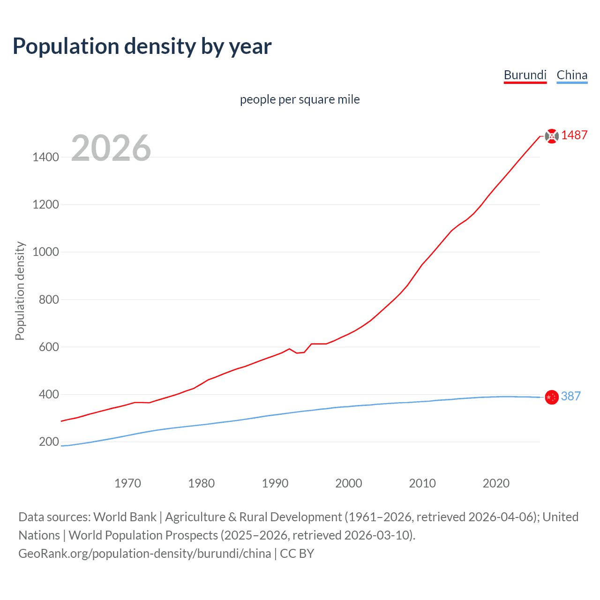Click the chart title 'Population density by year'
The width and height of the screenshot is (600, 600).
[142, 46]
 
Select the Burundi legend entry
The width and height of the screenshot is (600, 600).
[525, 75]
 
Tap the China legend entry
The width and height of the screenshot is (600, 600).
[572, 75]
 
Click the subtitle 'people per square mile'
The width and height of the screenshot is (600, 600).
[300, 99]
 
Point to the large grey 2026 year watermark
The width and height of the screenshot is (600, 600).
[111, 148]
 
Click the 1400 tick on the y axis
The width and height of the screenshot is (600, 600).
[46, 157]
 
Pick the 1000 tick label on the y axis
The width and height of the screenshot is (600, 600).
[46, 252]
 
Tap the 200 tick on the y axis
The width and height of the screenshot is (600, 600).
[49, 442]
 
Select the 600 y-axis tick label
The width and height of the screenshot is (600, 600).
[49, 347]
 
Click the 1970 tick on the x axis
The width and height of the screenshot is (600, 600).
[127, 483]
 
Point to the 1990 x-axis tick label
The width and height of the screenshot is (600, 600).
[275, 483]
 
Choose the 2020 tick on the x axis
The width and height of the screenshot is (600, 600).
[496, 483]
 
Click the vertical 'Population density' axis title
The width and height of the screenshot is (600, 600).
[20, 291]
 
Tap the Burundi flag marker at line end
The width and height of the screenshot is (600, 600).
[552, 136]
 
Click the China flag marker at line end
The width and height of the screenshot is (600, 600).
[552, 397]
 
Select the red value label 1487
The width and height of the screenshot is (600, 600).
[574, 135]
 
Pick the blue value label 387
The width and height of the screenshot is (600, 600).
[570, 396]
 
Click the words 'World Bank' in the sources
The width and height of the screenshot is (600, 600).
[125, 517]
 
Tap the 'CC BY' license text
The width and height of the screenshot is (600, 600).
[297, 554]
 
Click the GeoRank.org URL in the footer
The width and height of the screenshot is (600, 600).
[144, 554]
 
